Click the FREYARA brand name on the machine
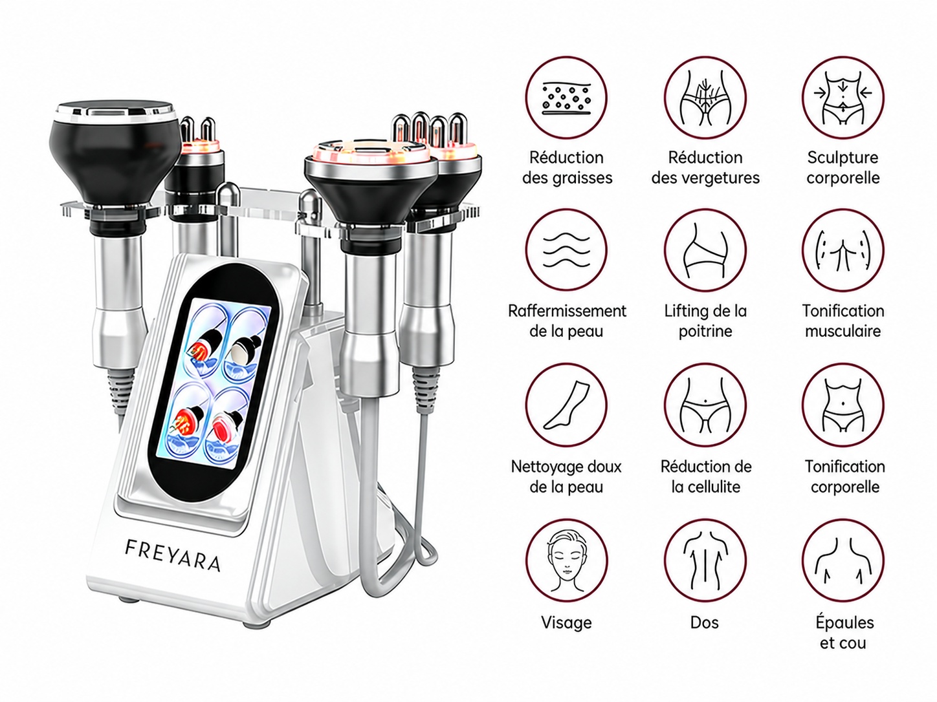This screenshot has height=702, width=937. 173,555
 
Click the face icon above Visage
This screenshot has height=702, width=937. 566,560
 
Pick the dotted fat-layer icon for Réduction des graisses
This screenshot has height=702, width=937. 566,98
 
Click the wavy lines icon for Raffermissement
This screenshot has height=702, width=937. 566,250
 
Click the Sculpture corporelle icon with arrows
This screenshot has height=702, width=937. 843,98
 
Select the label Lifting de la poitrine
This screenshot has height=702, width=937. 705,321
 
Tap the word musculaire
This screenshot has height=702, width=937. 843,331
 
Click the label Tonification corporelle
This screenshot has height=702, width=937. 845,476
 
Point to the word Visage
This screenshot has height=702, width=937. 566,622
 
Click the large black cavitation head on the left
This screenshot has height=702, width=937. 115,158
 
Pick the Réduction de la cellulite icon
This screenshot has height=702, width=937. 705,405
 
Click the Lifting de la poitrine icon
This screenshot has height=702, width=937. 705,250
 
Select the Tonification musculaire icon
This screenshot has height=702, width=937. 843,250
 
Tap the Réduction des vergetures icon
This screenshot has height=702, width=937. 705,98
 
